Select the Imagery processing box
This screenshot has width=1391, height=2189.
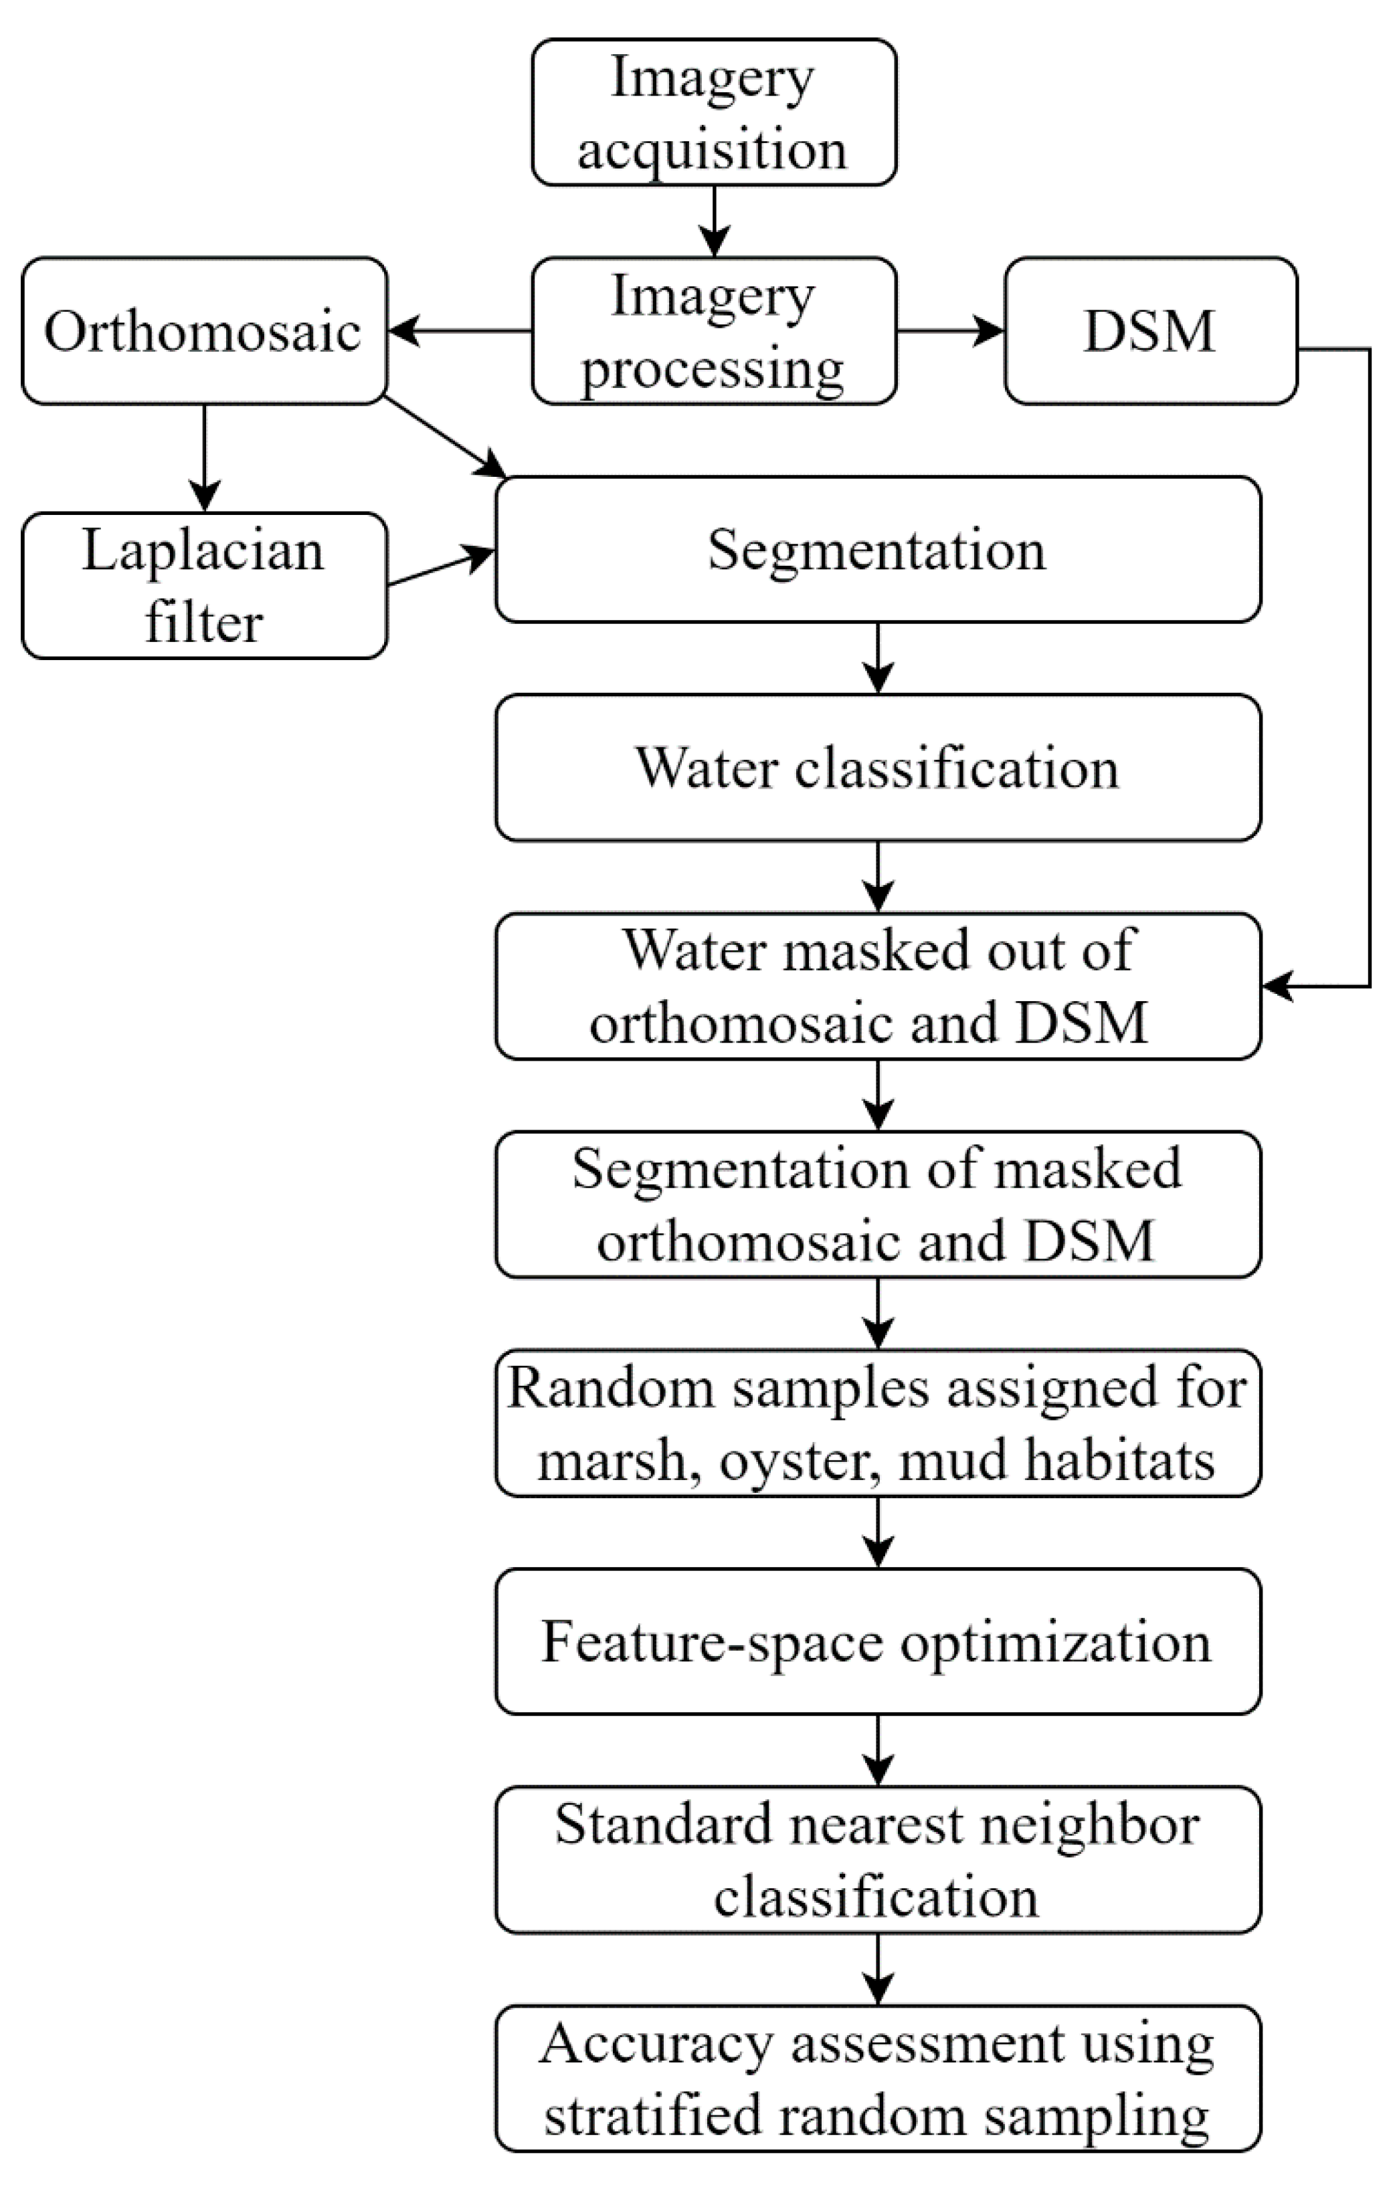[714, 331]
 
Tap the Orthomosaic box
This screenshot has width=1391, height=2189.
[203, 331]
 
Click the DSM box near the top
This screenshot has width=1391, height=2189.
[1150, 331]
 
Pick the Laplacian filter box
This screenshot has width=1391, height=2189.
[203, 585]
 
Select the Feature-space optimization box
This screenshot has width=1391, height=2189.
[877, 1642]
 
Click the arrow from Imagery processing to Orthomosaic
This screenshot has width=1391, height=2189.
[459, 331]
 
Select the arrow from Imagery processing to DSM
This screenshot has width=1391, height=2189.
[950, 331]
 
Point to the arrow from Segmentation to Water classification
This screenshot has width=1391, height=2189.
[877, 657]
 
